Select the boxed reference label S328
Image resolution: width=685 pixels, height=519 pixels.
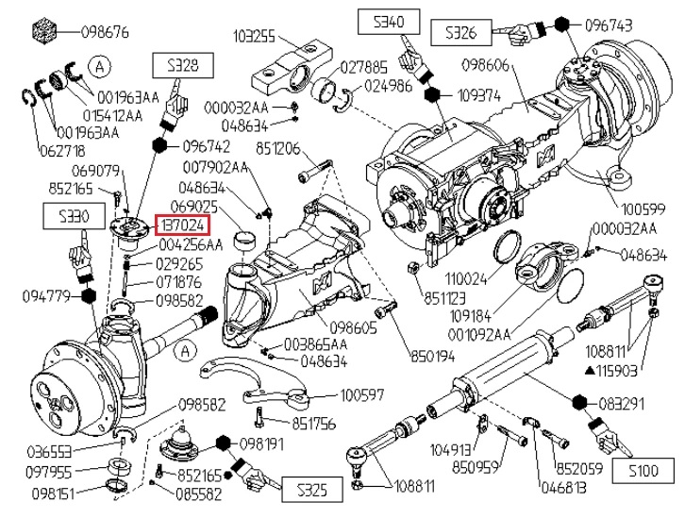(x=182, y=65)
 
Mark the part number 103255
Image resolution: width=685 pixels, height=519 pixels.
(x=255, y=37)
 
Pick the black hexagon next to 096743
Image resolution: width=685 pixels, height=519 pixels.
(x=560, y=25)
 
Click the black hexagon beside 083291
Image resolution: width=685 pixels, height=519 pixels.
(x=578, y=403)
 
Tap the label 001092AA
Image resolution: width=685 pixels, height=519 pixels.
(x=482, y=333)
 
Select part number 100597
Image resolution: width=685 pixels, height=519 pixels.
(x=363, y=396)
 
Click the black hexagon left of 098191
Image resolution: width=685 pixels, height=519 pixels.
(x=224, y=444)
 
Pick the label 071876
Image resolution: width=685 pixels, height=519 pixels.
(x=179, y=282)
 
